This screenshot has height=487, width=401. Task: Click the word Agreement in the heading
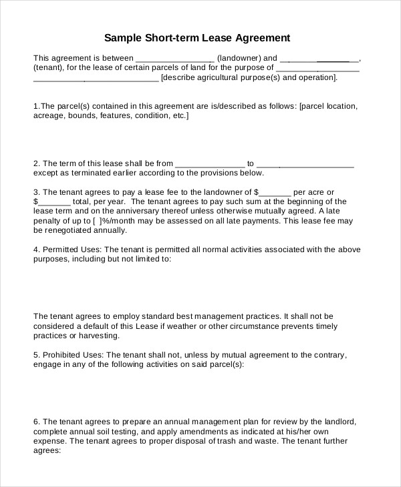(260, 37)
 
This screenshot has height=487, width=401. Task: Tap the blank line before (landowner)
(174, 58)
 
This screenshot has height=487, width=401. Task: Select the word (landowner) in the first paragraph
(237, 57)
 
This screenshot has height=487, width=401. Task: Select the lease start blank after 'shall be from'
(210, 163)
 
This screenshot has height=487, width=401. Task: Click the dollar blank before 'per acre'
(277, 192)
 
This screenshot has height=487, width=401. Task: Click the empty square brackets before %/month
(98, 220)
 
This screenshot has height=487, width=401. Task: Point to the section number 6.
(37, 422)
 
